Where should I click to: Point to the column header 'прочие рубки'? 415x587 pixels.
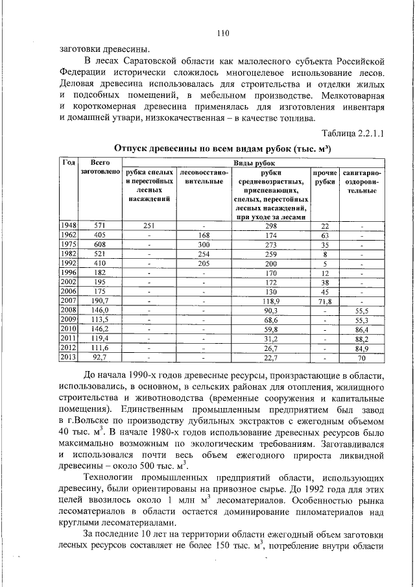click(x=324, y=177)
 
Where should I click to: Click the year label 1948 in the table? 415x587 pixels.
click(x=68, y=225)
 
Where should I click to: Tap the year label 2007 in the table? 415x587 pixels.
click(x=68, y=301)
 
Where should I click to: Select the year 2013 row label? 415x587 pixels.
click(x=68, y=356)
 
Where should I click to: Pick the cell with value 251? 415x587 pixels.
click(x=148, y=225)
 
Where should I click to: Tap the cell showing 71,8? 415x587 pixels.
click(x=324, y=301)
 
